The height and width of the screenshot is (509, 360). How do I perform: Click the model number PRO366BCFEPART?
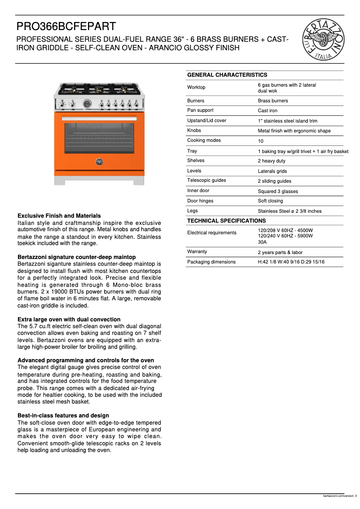[x=66, y=27]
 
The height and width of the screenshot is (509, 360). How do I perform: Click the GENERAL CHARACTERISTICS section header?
[x=227, y=75]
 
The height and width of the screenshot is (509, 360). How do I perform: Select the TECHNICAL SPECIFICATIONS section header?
[x=226, y=221]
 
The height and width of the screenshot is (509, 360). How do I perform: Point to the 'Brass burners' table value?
[x=273, y=101]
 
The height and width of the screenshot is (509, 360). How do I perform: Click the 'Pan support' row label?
[x=200, y=110]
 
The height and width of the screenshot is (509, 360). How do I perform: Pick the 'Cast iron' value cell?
[x=268, y=111]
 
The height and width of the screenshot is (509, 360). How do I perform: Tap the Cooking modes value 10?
[x=260, y=141]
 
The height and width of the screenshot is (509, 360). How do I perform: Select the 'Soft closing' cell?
[x=270, y=201]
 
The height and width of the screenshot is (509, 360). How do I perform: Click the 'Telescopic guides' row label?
[x=206, y=180]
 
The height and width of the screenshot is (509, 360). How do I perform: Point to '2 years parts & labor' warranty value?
[x=280, y=253]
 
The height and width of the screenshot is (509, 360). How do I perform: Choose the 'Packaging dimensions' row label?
[x=211, y=262]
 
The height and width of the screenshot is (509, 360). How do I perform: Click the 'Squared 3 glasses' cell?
[x=277, y=191]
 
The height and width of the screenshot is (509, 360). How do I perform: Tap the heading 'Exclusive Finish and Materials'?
[x=59, y=216]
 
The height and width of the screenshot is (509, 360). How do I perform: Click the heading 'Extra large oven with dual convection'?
[x=69, y=320]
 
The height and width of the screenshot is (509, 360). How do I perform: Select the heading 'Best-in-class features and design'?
[x=63, y=416]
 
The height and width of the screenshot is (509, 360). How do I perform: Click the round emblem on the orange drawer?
[x=99, y=162]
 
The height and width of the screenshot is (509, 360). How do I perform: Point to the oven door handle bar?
[x=99, y=118]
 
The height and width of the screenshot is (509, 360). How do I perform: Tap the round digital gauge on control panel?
[x=88, y=104]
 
